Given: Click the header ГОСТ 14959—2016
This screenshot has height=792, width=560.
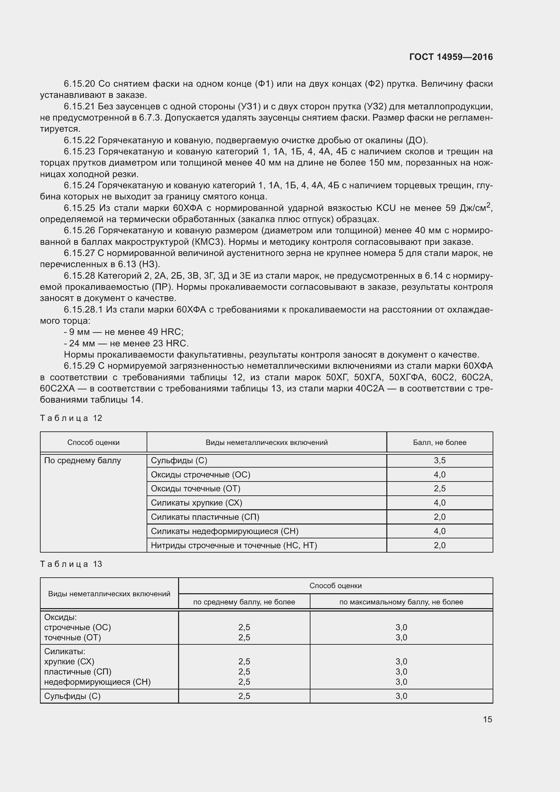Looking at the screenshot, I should [x=451, y=57].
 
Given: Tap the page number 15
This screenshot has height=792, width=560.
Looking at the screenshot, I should [x=487, y=719].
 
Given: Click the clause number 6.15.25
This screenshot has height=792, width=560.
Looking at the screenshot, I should [x=80, y=208].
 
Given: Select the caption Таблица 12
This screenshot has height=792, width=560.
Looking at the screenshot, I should [x=71, y=418].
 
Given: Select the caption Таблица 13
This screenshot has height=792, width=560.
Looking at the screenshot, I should [x=71, y=564].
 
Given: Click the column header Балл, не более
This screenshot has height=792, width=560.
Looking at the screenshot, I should [x=439, y=442].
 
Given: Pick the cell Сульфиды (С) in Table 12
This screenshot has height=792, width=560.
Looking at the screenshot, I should [x=179, y=461].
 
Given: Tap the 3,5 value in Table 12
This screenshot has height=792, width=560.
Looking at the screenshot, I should [x=439, y=461].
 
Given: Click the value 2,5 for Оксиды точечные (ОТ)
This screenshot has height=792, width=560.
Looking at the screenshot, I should [x=439, y=489].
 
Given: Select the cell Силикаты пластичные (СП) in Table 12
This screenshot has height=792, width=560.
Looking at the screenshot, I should [x=205, y=517].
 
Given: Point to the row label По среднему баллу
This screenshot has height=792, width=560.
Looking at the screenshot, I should [x=82, y=461].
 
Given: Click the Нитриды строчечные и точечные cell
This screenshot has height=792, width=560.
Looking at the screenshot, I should [x=234, y=545].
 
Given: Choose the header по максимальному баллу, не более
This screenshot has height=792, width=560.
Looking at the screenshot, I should [x=401, y=602].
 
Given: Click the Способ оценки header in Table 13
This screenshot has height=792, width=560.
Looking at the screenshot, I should [x=335, y=585].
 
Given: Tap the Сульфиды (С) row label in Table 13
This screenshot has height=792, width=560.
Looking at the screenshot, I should [x=72, y=696].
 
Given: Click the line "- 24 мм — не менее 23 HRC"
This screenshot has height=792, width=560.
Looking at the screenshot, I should [x=126, y=343].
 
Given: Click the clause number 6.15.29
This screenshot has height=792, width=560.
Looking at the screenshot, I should [x=80, y=366].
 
